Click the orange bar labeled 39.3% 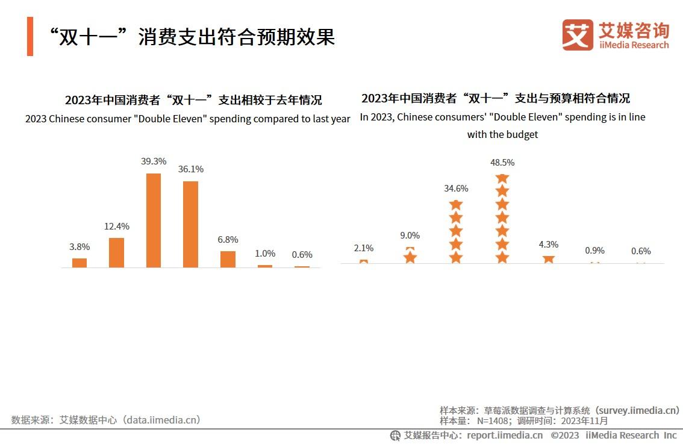pyautogui.click(x=154, y=220)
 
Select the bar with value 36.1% pyautogui.click(x=190, y=224)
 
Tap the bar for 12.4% pyautogui.click(x=116, y=252)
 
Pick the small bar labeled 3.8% pyautogui.click(x=80, y=263)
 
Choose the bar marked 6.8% pyautogui.click(x=228, y=259)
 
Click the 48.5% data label pyautogui.click(x=502, y=163)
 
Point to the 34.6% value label pyautogui.click(x=456, y=189)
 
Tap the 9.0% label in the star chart pyautogui.click(x=410, y=236)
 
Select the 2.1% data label pyautogui.click(x=364, y=248)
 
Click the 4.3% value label pyautogui.click(x=548, y=245)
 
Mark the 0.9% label pyautogui.click(x=594, y=251)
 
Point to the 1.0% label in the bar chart pyautogui.click(x=265, y=254)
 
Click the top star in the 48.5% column pyautogui.click(x=502, y=178)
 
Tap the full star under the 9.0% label pyautogui.click(x=410, y=257)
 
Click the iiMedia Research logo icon pyautogui.click(x=578, y=35)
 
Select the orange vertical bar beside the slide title pyautogui.click(x=30, y=36)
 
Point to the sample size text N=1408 pyautogui.click(x=494, y=421)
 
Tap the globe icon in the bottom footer pyautogui.click(x=395, y=435)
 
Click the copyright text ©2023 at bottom pyautogui.click(x=564, y=435)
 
